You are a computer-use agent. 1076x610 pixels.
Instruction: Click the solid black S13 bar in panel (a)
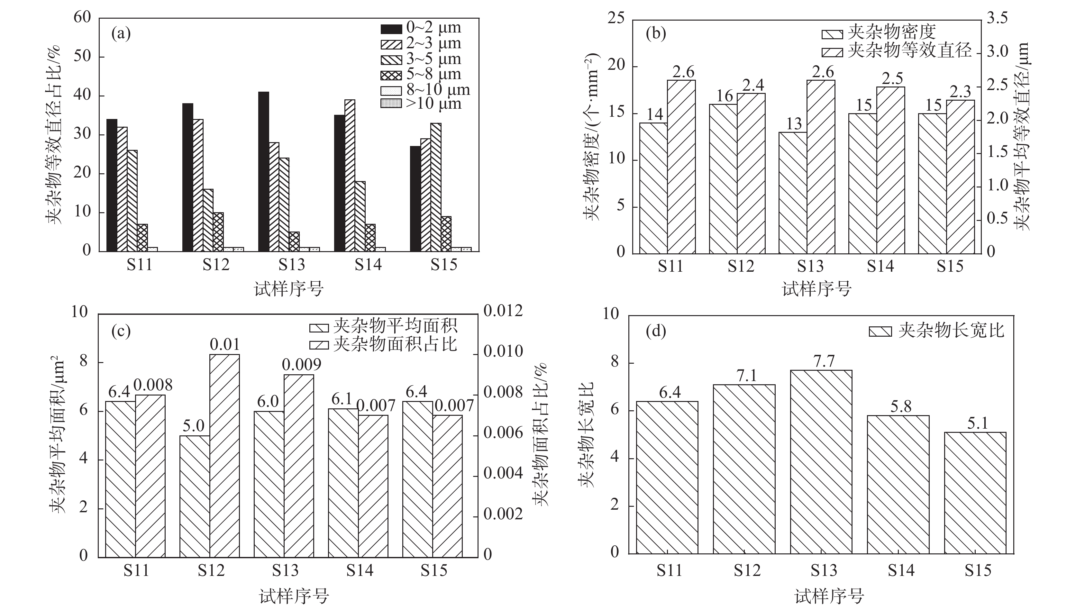(263, 172)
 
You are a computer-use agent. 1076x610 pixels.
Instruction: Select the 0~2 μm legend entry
(421, 28)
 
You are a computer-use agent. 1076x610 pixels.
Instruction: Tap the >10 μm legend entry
(421, 104)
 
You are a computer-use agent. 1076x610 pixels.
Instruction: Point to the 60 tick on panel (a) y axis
(82, 18)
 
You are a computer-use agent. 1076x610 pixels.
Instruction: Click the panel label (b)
(656, 33)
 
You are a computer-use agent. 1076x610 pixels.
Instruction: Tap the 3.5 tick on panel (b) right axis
(998, 18)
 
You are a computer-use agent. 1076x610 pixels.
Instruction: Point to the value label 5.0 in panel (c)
(194, 426)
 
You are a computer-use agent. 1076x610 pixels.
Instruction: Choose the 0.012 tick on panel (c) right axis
(503, 311)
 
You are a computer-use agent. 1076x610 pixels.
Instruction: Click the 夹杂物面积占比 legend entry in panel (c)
(383, 345)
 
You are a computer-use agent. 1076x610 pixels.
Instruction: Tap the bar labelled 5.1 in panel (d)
(975, 493)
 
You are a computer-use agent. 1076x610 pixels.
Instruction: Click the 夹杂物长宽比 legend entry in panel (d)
(936, 331)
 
